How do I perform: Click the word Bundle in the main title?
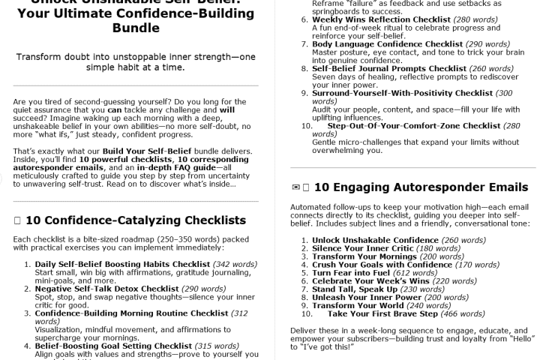click(136, 28)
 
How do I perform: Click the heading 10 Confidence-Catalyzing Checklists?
click(135, 220)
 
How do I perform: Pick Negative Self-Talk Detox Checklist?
click(106, 289)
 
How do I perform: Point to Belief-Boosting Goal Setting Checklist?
click(114, 346)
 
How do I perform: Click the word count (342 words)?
click(234, 264)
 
